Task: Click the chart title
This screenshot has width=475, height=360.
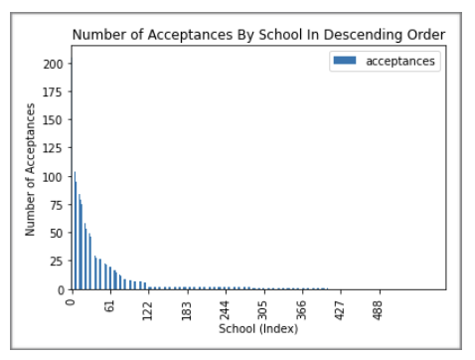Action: click(x=258, y=36)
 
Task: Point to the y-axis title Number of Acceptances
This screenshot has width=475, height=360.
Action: click(x=31, y=176)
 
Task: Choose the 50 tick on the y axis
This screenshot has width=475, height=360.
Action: click(x=57, y=233)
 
